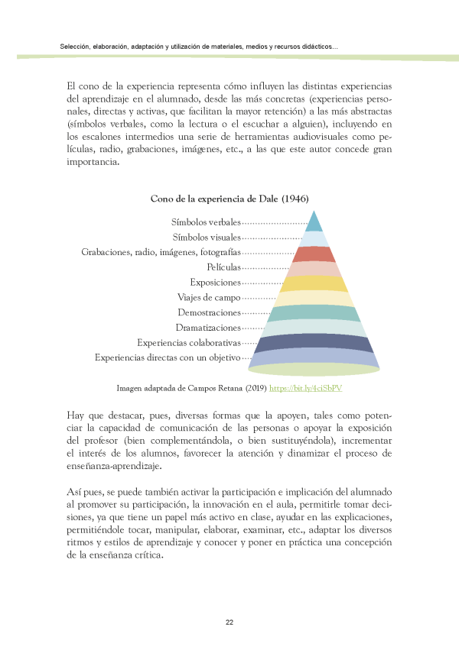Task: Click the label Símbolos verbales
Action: (206, 222)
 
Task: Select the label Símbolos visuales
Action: (207, 238)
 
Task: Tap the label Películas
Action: (223, 267)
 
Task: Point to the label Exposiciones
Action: (215, 283)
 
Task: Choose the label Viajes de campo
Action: (209, 297)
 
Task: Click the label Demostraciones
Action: (209, 312)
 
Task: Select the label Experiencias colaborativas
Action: (188, 342)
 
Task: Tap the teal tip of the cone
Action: (314, 222)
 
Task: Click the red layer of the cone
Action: (314, 254)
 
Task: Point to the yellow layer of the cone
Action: (314, 283)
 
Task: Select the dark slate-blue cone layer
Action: (314, 343)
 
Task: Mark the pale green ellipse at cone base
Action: (314, 370)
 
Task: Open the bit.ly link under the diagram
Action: (305, 388)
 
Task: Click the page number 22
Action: (229, 623)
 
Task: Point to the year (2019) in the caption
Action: (255, 388)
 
